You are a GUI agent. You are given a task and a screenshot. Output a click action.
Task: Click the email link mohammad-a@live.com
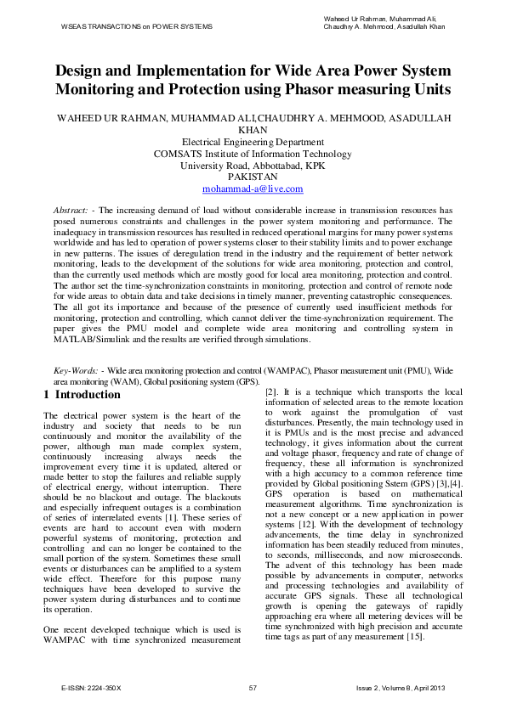tap(253, 189)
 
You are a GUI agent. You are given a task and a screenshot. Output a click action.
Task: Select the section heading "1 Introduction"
tap(82, 395)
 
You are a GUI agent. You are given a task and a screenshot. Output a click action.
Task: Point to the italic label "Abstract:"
tap(71, 209)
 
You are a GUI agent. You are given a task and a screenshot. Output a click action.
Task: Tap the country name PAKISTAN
tap(253, 177)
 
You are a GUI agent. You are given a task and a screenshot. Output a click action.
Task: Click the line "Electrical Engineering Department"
tap(253, 142)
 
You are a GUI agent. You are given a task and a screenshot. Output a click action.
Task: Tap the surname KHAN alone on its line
tap(253, 130)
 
